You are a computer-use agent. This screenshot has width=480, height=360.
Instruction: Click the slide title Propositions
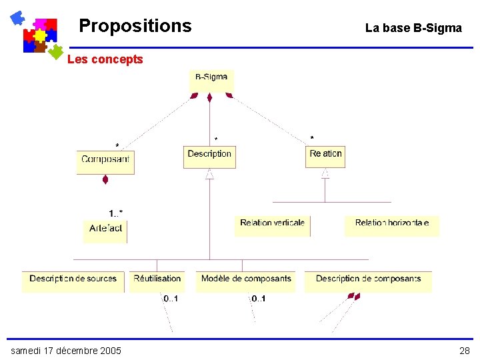(135, 26)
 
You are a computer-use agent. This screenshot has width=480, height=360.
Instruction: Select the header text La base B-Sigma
(413, 28)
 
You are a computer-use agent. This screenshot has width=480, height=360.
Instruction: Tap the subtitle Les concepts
(105, 59)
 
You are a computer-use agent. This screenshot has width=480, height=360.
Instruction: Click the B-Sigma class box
(211, 80)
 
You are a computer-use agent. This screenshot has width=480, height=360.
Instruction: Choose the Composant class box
(105, 160)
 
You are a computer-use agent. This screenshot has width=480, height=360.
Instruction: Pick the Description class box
(209, 155)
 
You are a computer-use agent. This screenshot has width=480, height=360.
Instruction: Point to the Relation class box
(325, 155)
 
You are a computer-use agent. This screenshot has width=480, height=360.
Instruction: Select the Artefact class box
(105, 229)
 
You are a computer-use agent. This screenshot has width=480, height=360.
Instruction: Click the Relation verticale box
(272, 225)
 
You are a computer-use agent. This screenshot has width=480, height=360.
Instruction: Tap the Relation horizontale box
(391, 225)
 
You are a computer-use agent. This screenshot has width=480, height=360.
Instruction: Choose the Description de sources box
(73, 280)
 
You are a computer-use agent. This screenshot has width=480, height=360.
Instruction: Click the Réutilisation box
(157, 280)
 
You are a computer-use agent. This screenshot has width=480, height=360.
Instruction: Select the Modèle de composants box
(246, 280)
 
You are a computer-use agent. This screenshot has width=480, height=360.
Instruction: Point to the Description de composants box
(368, 280)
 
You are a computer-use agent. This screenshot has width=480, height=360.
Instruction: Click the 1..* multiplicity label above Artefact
(115, 213)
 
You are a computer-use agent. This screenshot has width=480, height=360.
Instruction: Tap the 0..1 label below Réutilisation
(170, 299)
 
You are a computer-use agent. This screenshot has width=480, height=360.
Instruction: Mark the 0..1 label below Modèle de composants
(258, 299)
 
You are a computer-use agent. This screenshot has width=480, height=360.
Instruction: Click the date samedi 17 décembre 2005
(66, 351)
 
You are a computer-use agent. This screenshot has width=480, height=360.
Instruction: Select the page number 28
(464, 351)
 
